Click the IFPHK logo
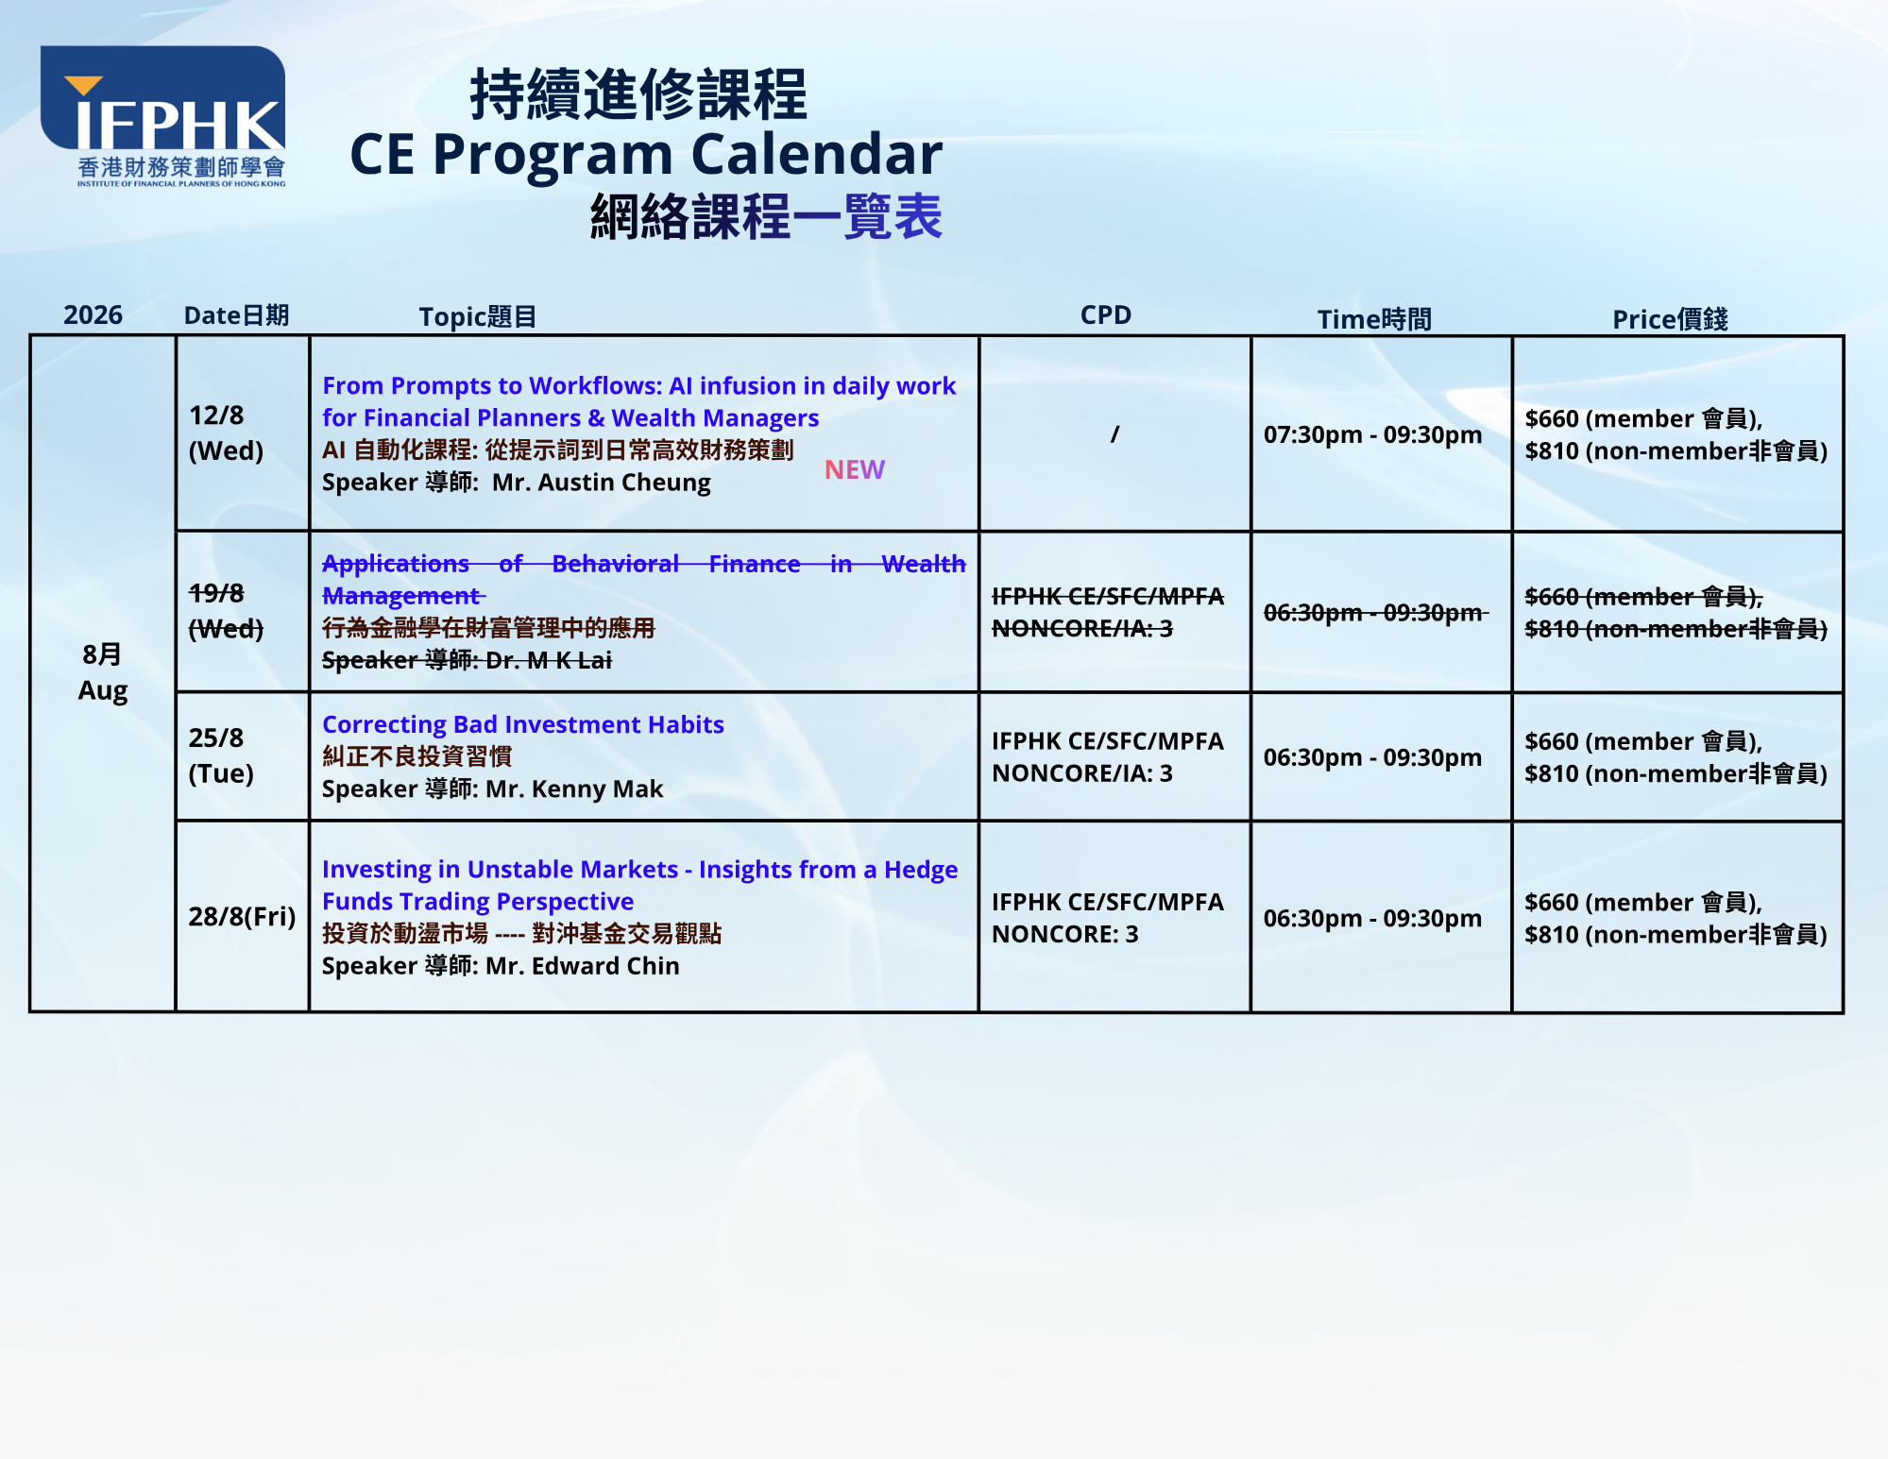(162, 116)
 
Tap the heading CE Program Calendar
(646, 154)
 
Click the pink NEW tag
(854, 469)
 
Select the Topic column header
(477, 316)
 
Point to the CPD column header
(1106, 314)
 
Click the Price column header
(1670, 319)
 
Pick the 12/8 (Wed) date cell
(226, 433)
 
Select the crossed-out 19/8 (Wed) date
(226, 610)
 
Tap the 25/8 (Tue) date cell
(221, 755)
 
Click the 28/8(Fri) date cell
(242, 916)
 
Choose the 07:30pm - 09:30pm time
(1372, 434)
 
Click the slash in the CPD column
(1114, 434)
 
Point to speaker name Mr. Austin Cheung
(601, 483)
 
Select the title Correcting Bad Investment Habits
(523, 724)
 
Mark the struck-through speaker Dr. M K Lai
(549, 660)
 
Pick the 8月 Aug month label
(102, 672)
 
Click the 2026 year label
(93, 314)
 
